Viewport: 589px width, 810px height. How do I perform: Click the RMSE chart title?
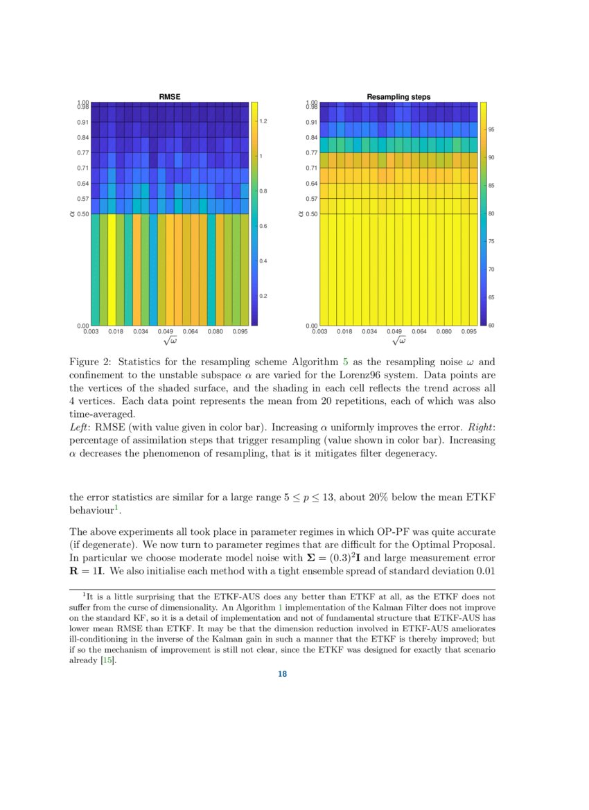[170, 97]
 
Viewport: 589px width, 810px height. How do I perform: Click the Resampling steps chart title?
[398, 97]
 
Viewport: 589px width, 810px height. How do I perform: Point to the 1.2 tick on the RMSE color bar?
[263, 121]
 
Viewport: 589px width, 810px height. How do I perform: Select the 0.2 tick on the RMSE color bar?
[263, 296]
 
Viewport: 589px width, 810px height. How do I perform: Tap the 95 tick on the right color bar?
[491, 130]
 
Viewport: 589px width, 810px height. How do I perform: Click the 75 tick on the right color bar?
[491, 241]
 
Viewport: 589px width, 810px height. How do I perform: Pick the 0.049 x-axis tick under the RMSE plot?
[166, 332]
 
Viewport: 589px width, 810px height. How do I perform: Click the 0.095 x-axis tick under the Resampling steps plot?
[468, 332]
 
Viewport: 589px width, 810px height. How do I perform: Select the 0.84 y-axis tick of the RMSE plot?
[83, 137]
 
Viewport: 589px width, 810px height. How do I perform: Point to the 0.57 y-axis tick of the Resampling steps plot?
[312, 199]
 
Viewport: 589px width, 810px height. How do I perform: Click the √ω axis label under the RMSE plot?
[170, 341]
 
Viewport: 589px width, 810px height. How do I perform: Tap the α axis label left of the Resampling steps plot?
[301, 214]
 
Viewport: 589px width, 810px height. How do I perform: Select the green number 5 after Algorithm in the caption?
[345, 362]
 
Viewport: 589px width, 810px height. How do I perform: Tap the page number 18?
[282, 674]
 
